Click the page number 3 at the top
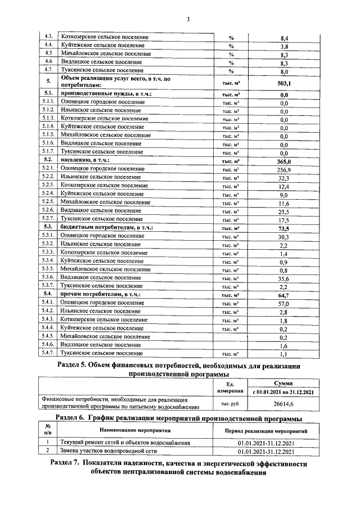point(188,20)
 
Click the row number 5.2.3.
point(49,185)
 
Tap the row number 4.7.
point(49,71)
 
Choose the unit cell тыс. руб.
point(229,404)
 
